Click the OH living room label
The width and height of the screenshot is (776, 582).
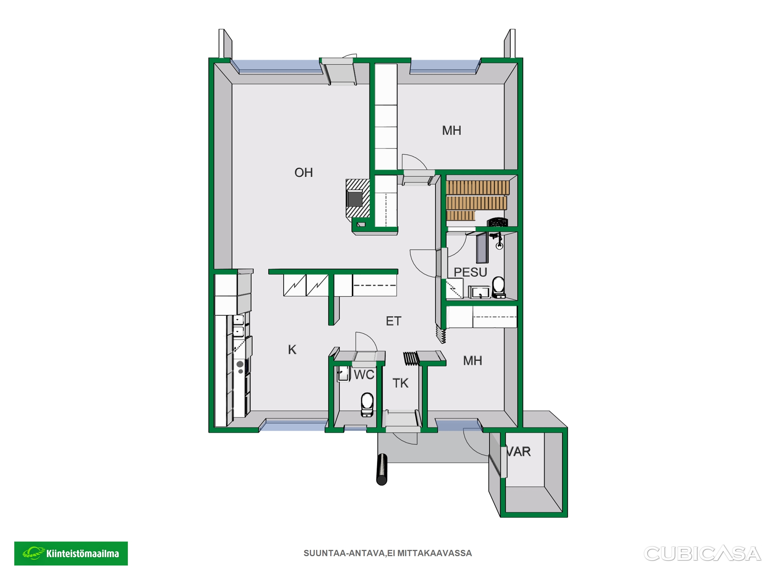304,172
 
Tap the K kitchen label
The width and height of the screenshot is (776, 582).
292,350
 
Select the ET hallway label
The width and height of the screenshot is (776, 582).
393,321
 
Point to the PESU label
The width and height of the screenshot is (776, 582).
470,272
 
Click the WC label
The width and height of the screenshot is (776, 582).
364,375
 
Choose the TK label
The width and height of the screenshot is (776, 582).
400,383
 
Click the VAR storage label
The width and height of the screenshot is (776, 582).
519,452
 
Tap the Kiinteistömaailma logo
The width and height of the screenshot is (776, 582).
71,553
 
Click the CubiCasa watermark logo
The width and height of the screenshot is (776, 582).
702,554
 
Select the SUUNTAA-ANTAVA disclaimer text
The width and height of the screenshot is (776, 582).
388,553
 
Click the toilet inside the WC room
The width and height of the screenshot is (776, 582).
367,404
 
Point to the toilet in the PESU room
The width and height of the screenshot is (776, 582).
499,287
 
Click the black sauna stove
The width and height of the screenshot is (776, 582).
497,222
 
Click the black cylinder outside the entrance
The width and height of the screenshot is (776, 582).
382,469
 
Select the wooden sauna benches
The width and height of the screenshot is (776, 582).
477,200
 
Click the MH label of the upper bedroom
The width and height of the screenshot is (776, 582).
451,130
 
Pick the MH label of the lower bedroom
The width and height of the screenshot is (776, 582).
472,361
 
